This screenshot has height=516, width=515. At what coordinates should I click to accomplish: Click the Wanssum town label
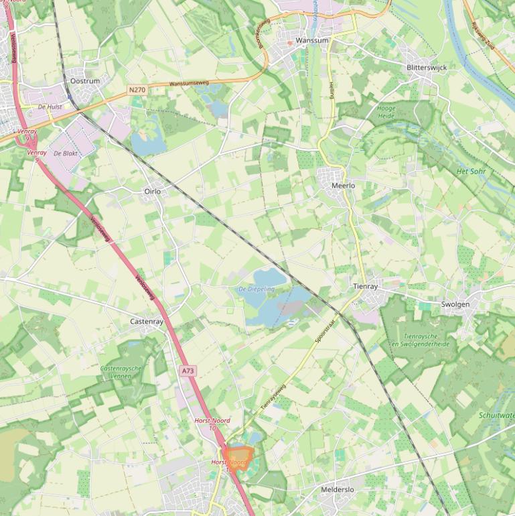[312, 40]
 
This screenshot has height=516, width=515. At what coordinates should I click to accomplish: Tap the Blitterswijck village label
[427, 68]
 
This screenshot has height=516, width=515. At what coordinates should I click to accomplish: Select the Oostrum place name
[85, 81]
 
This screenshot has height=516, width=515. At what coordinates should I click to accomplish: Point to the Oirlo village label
[153, 192]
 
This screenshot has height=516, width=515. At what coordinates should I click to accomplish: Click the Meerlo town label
[343, 186]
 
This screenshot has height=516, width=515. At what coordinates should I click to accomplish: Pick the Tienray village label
[366, 286]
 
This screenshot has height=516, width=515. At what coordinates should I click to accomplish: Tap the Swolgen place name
[455, 304]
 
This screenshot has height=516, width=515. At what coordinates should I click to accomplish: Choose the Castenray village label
[147, 322]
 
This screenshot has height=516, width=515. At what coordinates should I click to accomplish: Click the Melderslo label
[337, 490]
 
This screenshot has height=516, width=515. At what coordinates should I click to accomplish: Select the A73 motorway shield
[188, 371]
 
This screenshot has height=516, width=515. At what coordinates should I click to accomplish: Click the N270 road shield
[137, 89]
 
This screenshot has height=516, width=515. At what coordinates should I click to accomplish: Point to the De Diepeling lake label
[256, 289]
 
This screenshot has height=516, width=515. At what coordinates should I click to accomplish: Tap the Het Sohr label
[471, 172]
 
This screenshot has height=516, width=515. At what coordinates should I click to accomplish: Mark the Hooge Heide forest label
[386, 112]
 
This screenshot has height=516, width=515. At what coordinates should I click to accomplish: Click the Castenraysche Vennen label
[122, 373]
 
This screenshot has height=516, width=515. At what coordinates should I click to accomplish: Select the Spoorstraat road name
[325, 331]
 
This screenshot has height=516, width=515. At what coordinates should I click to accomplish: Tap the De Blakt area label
[66, 153]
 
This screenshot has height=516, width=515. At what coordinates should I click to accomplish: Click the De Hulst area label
[50, 107]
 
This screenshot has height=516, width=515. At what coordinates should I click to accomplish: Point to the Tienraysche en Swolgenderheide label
[421, 340]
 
